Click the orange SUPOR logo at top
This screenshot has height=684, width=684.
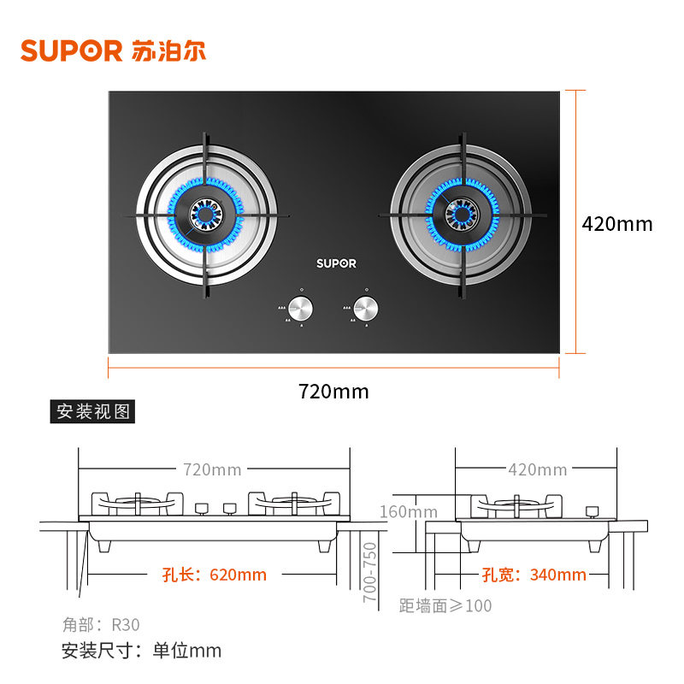point(72,50)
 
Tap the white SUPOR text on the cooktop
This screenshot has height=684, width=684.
point(336,263)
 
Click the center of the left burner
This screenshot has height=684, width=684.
point(206,214)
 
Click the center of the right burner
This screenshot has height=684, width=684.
point(461,214)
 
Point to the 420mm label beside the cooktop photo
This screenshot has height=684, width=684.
point(616,224)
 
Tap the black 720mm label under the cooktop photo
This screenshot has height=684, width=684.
point(333,392)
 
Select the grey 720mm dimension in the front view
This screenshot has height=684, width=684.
point(212,469)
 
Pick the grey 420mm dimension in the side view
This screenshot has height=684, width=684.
point(538,469)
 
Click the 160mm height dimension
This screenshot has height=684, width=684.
point(409,512)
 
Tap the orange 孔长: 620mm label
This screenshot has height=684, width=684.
point(214,575)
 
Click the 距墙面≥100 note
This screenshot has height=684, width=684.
point(445,606)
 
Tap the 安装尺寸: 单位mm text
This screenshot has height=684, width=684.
point(141,651)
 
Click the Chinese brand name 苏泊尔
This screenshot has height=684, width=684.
point(169,50)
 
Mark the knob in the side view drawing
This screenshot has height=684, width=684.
point(591,510)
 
